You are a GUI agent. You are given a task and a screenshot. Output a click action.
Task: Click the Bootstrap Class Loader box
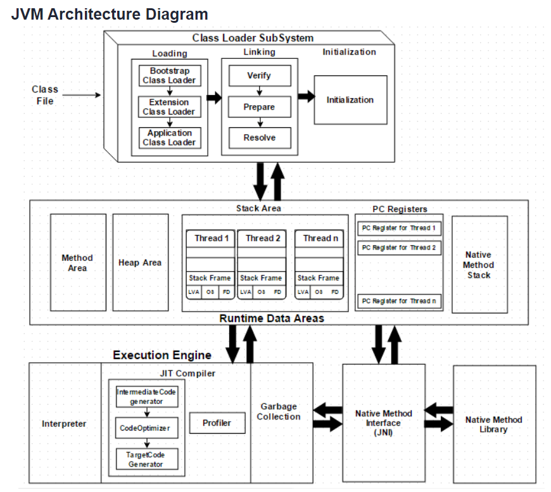tap(170, 75)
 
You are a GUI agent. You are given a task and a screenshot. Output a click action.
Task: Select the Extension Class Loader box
tap(170, 107)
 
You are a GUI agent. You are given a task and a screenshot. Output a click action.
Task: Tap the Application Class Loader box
tap(170, 138)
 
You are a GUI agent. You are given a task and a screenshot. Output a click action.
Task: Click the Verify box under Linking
tap(260, 75)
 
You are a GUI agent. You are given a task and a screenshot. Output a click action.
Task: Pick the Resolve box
tap(260, 138)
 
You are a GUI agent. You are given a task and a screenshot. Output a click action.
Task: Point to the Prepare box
tap(260, 107)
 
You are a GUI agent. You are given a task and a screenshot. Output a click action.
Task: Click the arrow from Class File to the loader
tap(82, 95)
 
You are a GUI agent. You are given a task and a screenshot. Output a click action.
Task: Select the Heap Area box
tap(141, 263)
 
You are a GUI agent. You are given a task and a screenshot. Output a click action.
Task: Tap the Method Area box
tap(78, 263)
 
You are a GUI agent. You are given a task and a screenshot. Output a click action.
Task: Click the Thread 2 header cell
tap(262, 239)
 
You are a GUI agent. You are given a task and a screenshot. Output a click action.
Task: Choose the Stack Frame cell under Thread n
tap(319, 278)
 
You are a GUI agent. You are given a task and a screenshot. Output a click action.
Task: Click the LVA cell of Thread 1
tap(194, 292)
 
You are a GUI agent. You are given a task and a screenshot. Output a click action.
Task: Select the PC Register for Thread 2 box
tap(399, 248)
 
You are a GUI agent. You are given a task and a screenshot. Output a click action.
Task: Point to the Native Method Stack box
tap(479, 265)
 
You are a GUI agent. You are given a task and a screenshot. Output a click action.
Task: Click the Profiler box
tap(217, 423)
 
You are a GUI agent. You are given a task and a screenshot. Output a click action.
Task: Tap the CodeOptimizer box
tap(147, 427)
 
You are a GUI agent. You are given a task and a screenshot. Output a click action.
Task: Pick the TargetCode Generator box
tap(147, 459)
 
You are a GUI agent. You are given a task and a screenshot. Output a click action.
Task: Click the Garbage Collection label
tap(279, 412)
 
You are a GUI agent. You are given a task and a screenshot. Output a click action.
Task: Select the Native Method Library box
tap(495, 424)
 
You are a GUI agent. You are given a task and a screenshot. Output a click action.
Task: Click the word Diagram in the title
tap(177, 15)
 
